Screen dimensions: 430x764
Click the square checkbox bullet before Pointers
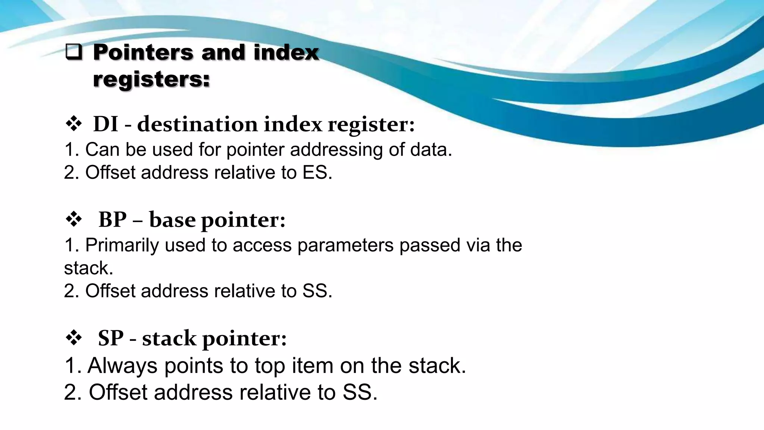tap(73, 53)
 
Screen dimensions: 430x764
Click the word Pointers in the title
tap(143, 52)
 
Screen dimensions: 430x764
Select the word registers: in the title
tap(151, 79)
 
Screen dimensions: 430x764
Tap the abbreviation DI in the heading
tap(106, 124)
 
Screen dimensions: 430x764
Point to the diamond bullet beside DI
tap(73, 124)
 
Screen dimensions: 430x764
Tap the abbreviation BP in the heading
tap(112, 219)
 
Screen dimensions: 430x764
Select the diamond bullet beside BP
tap(73, 219)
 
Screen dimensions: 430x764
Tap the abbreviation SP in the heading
tap(111, 338)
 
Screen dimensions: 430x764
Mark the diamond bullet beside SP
tap(73, 338)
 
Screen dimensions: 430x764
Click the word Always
tap(122, 365)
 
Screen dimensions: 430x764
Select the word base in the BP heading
tap(172, 219)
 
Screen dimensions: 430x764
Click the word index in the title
tap(286, 52)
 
